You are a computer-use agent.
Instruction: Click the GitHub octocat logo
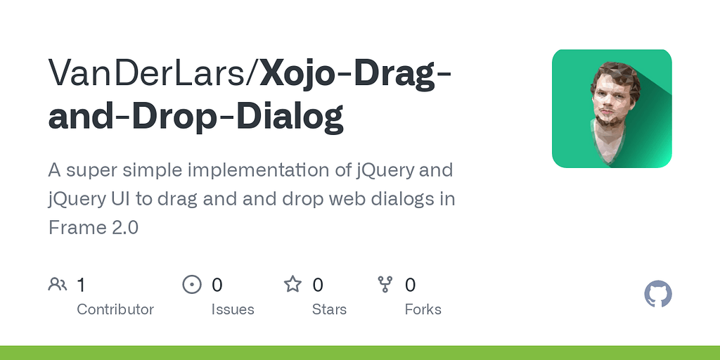pyautogui.click(x=658, y=294)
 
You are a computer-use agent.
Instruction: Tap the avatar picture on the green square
pyautogui.click(x=612, y=108)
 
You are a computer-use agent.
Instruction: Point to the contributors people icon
pyautogui.click(x=58, y=284)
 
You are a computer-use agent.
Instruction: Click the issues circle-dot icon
pyautogui.click(x=191, y=284)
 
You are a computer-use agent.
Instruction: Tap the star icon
pyautogui.click(x=292, y=284)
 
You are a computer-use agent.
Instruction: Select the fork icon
pyautogui.click(x=385, y=284)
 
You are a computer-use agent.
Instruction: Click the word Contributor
pyautogui.click(x=115, y=309)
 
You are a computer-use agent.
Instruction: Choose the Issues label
pyautogui.click(x=233, y=309)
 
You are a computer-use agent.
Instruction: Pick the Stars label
pyautogui.click(x=330, y=309)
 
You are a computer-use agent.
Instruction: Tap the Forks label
pyautogui.click(x=423, y=309)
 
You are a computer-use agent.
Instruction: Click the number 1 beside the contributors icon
pyautogui.click(x=81, y=285)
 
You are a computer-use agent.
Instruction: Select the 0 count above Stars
pyautogui.click(x=318, y=285)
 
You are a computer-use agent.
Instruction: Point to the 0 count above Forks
pyautogui.click(x=411, y=285)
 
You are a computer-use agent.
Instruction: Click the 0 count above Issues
pyautogui.click(x=217, y=285)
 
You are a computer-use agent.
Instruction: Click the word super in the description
pyautogui.click(x=89, y=170)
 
